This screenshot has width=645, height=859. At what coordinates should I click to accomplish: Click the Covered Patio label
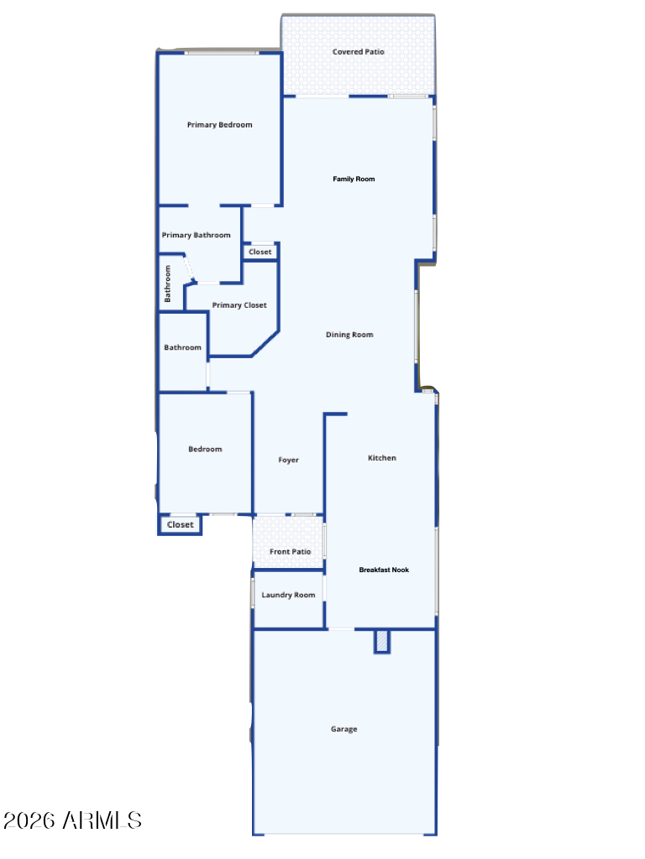pyautogui.click(x=358, y=52)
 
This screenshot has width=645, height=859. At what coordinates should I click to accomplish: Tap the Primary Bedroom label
pyautogui.click(x=219, y=125)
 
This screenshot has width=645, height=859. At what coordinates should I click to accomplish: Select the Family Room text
pyautogui.click(x=354, y=180)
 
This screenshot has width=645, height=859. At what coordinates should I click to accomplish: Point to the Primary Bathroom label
pyautogui.click(x=196, y=235)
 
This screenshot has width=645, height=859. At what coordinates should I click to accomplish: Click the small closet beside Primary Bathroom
pyautogui.click(x=260, y=252)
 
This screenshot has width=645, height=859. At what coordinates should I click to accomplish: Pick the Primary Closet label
pyautogui.click(x=239, y=305)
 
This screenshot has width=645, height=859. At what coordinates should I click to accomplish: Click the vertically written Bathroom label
pyautogui.click(x=167, y=284)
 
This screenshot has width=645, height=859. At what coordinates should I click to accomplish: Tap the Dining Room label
pyautogui.click(x=349, y=335)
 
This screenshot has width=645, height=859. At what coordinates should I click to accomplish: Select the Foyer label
pyautogui.click(x=289, y=461)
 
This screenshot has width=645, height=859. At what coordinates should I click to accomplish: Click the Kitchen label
pyautogui.click(x=382, y=458)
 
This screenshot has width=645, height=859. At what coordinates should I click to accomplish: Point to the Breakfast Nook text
pyautogui.click(x=384, y=570)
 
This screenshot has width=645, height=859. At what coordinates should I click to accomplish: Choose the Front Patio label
pyautogui.click(x=290, y=552)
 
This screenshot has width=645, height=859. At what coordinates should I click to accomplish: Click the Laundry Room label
pyautogui.click(x=288, y=595)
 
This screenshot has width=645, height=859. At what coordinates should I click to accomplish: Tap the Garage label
pyautogui.click(x=343, y=729)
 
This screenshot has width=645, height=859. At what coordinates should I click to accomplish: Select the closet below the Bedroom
pyautogui.click(x=180, y=525)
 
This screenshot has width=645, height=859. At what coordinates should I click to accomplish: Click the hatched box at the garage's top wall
pyautogui.click(x=382, y=642)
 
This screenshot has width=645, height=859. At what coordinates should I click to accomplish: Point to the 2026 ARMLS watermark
pyautogui.click(x=72, y=820)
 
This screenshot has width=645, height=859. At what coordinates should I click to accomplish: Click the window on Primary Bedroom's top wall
pyautogui.click(x=221, y=53)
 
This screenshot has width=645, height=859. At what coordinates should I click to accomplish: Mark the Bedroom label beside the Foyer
pyautogui.click(x=205, y=450)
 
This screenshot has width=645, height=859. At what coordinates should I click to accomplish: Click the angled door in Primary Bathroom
pyautogui.click(x=189, y=268)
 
